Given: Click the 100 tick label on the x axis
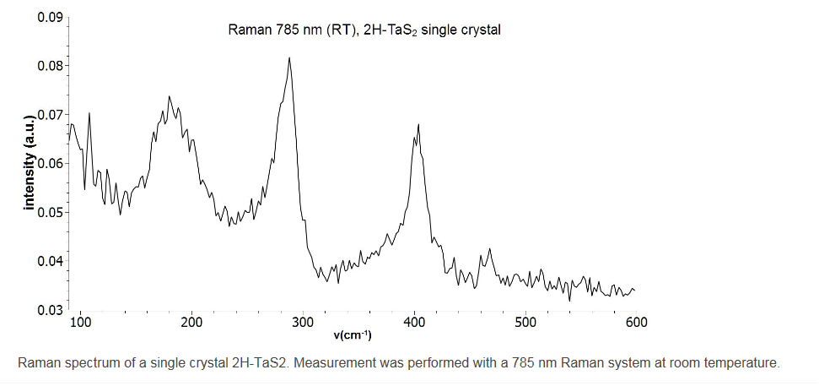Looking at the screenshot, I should [81, 323].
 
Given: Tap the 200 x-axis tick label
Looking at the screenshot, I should [192, 323].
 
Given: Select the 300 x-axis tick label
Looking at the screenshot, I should [303, 323].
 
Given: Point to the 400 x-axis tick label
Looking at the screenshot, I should [414, 323].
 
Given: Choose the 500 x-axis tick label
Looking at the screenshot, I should [525, 323].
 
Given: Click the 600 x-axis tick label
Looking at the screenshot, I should [636, 323].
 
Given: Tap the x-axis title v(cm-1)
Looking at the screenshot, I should [353, 335].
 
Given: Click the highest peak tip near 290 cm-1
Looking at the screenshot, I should [289, 58].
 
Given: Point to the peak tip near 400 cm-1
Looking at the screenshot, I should [418, 125].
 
